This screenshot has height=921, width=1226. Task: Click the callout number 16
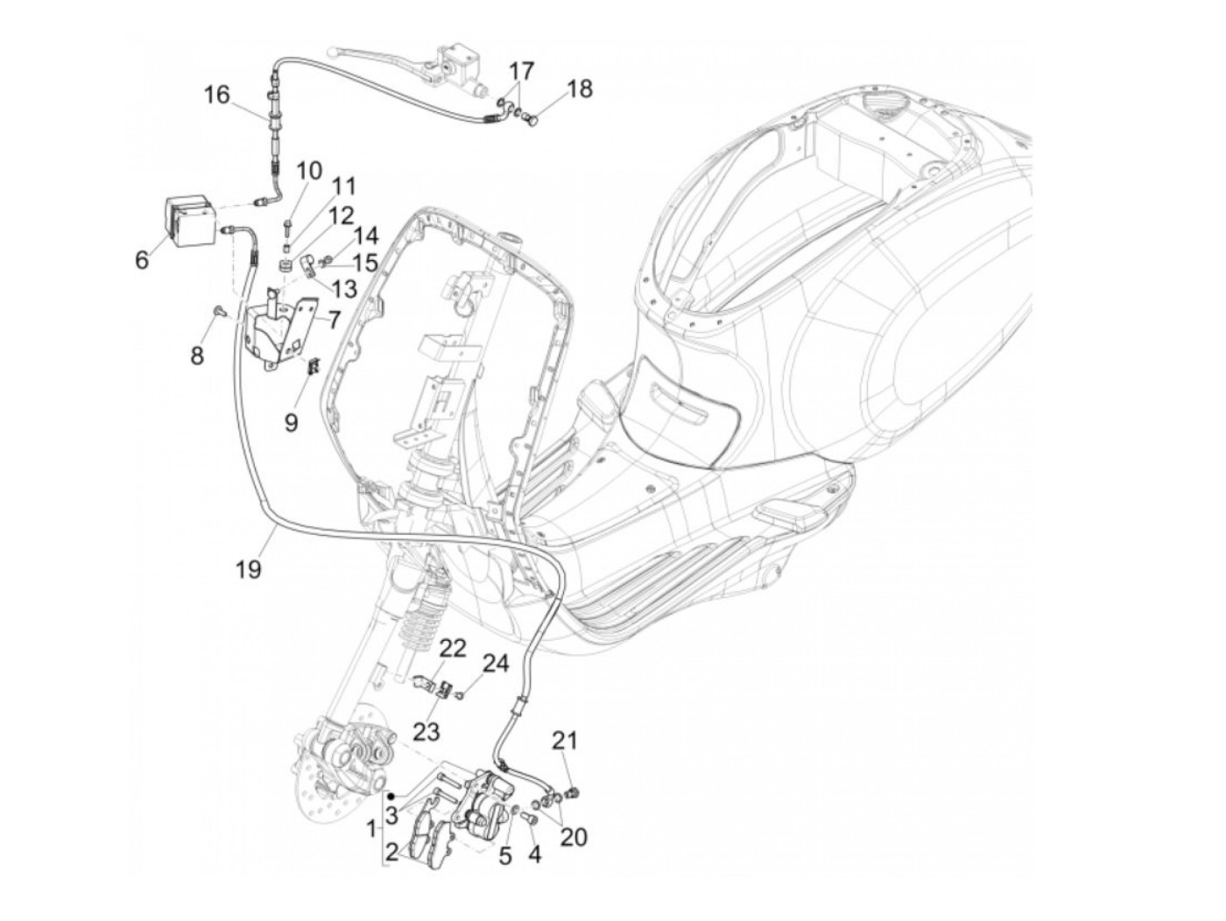pyautogui.click(x=216, y=95)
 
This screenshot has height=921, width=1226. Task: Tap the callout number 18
pyautogui.click(x=579, y=88)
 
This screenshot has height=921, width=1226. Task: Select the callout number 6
pyautogui.click(x=142, y=260)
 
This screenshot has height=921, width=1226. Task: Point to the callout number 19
pyautogui.click(x=248, y=569)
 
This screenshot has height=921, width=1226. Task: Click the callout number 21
pyautogui.click(x=565, y=742)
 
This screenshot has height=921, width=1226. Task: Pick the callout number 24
pyautogui.click(x=495, y=664)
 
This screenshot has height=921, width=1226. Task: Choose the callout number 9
pyautogui.click(x=291, y=422)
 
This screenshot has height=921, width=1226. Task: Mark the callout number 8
pyautogui.click(x=197, y=355)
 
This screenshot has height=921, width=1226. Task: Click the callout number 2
pyautogui.click(x=391, y=852)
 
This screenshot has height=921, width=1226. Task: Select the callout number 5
pyautogui.click(x=505, y=855)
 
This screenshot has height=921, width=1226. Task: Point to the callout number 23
pyautogui.click(x=427, y=730)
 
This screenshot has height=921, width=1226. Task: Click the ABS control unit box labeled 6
pyautogui.click(x=191, y=221)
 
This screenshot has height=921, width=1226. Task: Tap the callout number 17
pyautogui.click(x=521, y=70)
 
